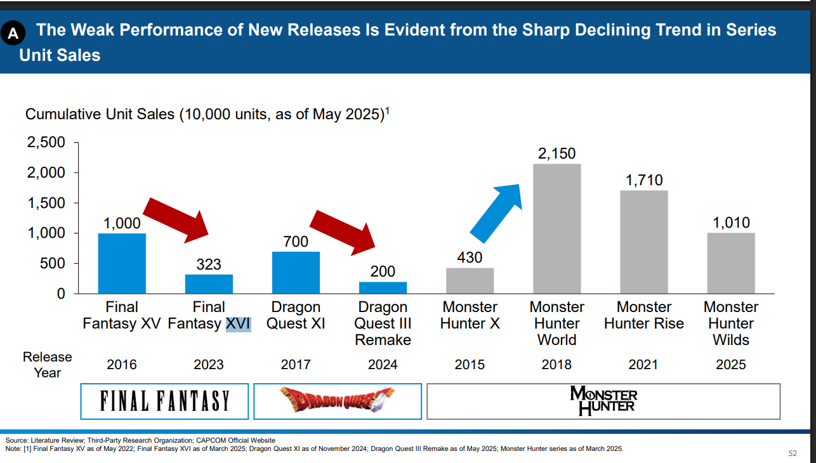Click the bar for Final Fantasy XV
(122, 263)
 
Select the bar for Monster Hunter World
(556, 228)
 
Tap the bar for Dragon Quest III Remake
(383, 287)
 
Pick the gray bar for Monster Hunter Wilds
(731, 263)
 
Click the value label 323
(208, 264)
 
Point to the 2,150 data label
(556, 154)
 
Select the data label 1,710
(643, 181)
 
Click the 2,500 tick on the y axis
(46, 143)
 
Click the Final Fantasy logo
(164, 401)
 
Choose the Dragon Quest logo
(337, 401)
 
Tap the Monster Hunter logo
(603, 400)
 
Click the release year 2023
(208, 365)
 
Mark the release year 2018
(556, 365)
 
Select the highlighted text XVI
(238, 323)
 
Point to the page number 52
(792, 453)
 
